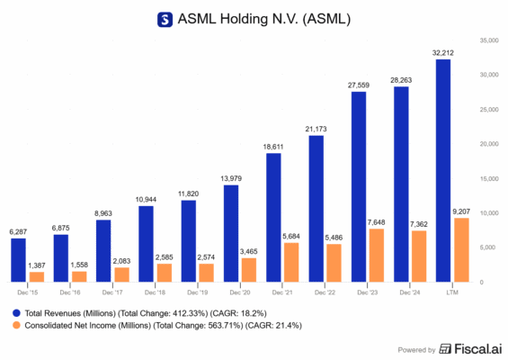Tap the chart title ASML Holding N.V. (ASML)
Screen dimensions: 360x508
(264, 18)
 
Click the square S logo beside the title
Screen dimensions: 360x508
(165, 18)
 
